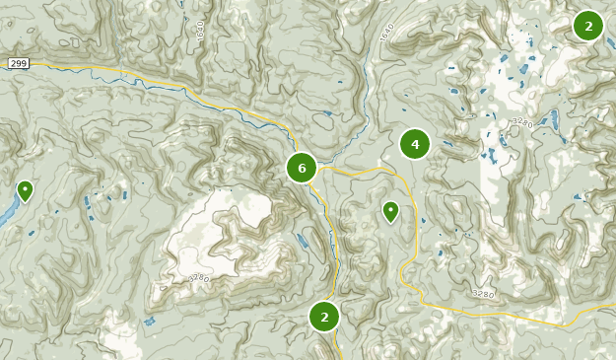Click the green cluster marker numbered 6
click(x=302, y=168)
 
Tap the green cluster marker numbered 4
click(x=415, y=145)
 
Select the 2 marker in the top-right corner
click(x=588, y=27)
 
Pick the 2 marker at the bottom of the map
click(x=324, y=317)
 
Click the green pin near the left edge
click(x=25, y=189)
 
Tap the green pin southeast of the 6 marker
click(x=390, y=210)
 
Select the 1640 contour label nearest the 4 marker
click(x=385, y=32)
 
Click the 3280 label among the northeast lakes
click(x=521, y=122)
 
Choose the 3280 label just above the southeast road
click(x=483, y=293)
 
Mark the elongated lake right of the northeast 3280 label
click(x=555, y=120)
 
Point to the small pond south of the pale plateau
click(x=149, y=322)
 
